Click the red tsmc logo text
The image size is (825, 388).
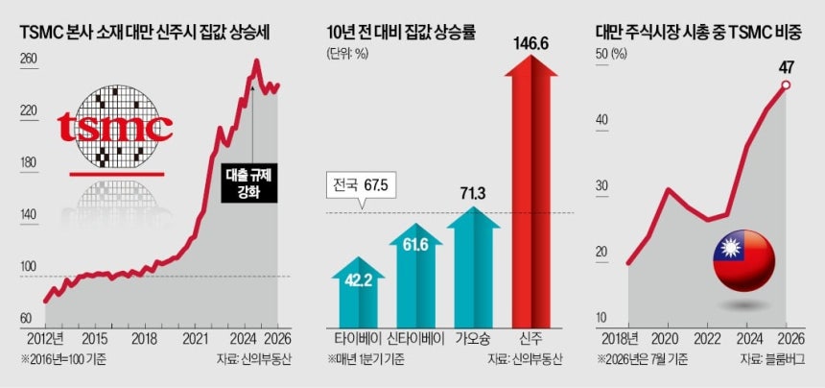click(115, 127)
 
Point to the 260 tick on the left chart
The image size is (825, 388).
click(29, 59)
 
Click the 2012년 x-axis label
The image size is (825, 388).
click(42, 336)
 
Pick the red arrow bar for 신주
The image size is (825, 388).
click(530, 190)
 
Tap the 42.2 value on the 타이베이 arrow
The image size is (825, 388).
click(359, 279)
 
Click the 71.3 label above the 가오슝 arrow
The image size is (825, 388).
click(473, 194)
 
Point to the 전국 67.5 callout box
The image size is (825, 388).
click(360, 186)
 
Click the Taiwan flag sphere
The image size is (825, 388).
click(743, 260)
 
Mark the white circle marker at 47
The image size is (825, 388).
click(786, 85)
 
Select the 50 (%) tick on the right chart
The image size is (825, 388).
click(610, 54)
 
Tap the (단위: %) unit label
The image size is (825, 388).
click(347, 54)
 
